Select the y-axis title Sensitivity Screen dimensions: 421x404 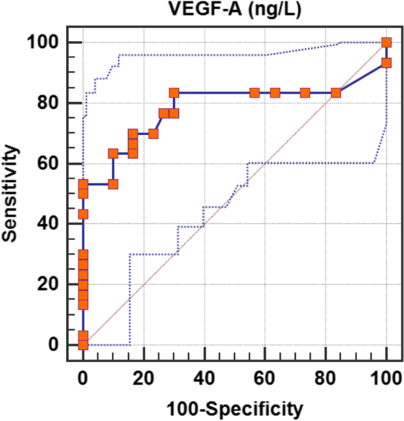11,193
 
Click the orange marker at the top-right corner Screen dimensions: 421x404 386,42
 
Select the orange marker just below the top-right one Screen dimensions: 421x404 386,63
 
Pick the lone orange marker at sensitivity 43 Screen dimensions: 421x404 83,214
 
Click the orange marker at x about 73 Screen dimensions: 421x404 305,93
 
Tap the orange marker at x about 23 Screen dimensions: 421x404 153,133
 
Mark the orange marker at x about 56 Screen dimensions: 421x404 254,93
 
